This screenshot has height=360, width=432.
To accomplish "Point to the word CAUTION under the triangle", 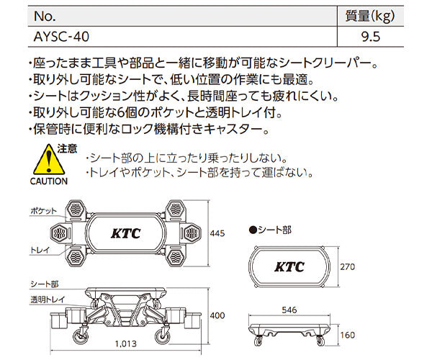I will [48, 181].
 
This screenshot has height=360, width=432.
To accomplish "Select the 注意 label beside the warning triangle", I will [67, 148].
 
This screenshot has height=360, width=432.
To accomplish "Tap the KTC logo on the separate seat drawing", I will [289, 267].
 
